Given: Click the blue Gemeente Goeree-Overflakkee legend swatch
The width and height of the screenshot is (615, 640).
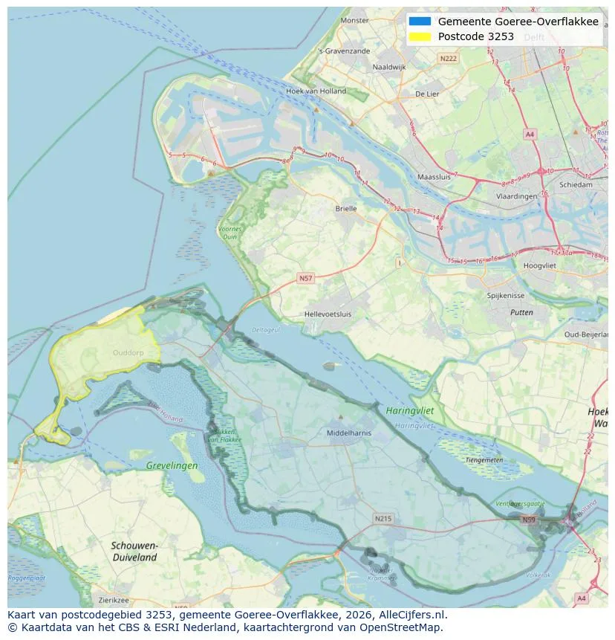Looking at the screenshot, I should pyautogui.click(x=419, y=22).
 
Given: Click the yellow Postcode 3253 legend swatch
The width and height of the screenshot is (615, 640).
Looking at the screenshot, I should pyautogui.click(x=419, y=36).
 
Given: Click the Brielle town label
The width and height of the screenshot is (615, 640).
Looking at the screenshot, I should pyautogui.click(x=346, y=209).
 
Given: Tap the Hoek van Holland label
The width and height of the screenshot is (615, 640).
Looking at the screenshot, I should pyautogui.click(x=316, y=91).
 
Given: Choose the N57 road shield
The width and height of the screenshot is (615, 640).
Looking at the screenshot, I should pyautogui.click(x=305, y=278).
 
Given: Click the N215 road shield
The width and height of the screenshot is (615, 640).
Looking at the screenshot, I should pyautogui.click(x=383, y=518).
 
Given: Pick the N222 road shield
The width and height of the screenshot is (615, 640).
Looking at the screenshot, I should pyautogui.click(x=448, y=58).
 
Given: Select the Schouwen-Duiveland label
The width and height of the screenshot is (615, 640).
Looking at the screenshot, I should pyautogui.click(x=134, y=551).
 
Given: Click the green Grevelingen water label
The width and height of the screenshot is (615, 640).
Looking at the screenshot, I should pyautogui.click(x=172, y=466).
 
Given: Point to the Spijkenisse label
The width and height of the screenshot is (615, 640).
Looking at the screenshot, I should pyautogui.click(x=506, y=295).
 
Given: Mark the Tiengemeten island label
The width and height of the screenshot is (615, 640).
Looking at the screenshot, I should pyautogui.click(x=484, y=459).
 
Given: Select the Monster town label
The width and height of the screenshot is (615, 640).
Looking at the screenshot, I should pyautogui.click(x=354, y=21).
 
